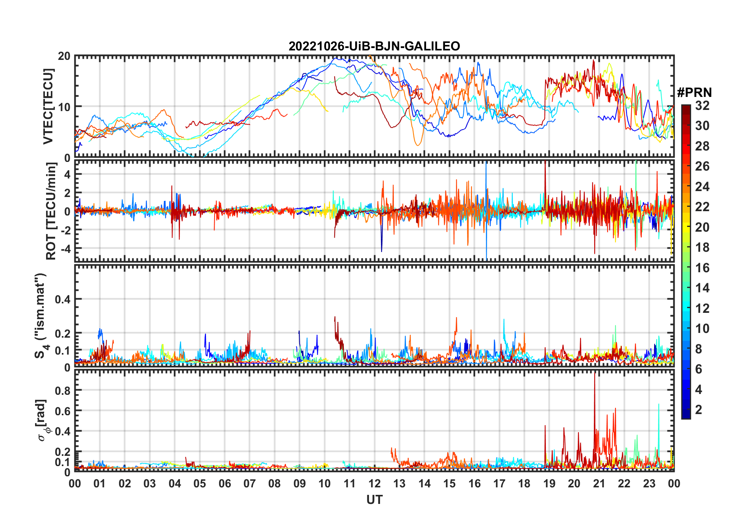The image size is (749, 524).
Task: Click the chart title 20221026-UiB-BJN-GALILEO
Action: [374, 46]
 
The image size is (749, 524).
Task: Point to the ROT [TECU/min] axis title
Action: [51, 211]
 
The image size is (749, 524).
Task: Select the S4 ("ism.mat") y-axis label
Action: [41, 316]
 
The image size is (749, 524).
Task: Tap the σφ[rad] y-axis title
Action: [44, 420]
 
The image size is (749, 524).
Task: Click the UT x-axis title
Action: [374, 500]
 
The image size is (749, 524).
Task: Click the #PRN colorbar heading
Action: [694, 93]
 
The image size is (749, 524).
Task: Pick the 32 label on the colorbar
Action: [702, 106]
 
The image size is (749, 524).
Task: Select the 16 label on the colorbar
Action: [702, 268]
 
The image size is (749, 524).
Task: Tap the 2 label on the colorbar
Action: [699, 410]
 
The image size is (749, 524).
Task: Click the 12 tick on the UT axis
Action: [374, 483]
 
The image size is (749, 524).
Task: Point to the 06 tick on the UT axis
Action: [225, 483]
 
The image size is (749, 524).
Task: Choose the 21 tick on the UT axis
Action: [599, 483]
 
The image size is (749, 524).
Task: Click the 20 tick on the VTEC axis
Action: [64, 56]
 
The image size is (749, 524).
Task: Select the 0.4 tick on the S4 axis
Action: [63, 299]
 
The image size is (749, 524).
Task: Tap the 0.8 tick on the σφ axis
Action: [63, 390]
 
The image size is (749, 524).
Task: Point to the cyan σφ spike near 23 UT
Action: [658, 405]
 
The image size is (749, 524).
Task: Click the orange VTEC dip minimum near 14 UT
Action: [418, 145]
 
